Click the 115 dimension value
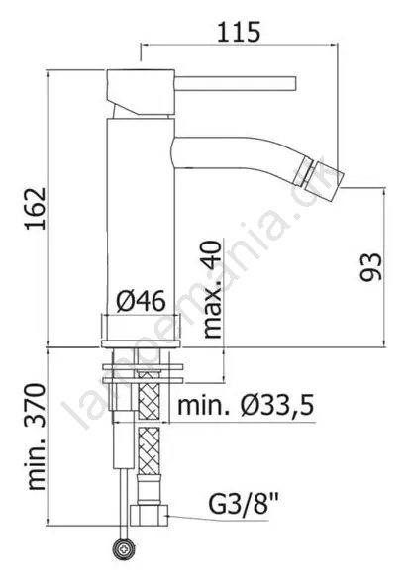point(238,32)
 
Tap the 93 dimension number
point(371,266)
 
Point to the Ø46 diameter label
point(141,302)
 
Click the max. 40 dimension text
point(213,289)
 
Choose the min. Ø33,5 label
point(246,406)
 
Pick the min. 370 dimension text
point(37,437)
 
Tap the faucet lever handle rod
point(235,83)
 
